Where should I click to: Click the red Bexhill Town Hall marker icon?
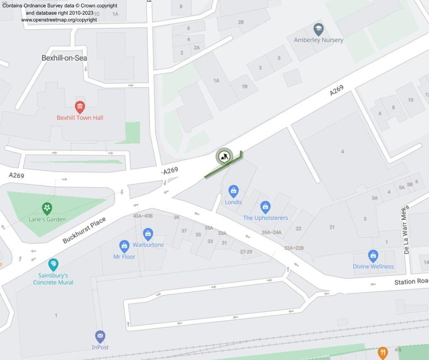80,107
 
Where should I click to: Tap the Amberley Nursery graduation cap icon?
318,30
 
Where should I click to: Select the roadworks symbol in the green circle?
224,157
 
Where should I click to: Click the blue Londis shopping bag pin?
233,191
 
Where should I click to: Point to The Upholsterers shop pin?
265,207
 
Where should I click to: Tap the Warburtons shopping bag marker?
148,234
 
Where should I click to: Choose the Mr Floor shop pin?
124,247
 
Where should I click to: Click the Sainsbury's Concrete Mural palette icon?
53,265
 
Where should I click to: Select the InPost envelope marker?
100,337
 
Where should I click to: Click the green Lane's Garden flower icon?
47,209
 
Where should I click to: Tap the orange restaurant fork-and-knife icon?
382,352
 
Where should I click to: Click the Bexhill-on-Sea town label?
64,58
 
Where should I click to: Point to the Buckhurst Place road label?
84,230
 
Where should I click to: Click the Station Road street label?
411,282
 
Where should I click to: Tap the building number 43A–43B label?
143,216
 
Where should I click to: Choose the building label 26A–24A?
271,232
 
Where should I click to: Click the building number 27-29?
246,251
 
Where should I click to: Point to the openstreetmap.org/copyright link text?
59,20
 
